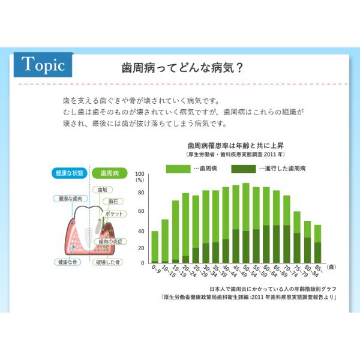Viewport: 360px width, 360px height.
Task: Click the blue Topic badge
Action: coord(43,65)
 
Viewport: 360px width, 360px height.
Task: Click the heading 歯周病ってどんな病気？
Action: coord(182,68)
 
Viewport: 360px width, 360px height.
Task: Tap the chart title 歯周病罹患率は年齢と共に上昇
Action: coord(235,146)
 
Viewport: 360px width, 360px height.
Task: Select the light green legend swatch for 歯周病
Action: coord(178,169)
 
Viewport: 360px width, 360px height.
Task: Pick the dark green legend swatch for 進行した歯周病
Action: coord(244,169)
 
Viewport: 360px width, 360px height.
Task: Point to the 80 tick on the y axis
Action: coord(141,193)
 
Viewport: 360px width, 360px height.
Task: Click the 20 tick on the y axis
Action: coord(141,248)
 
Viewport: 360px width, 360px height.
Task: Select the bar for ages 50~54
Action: coord(246,223)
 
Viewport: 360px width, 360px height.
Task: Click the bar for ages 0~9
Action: coord(155,247)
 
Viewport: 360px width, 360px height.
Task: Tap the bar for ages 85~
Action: coord(318,244)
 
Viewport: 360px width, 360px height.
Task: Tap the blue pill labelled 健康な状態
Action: coord(70,173)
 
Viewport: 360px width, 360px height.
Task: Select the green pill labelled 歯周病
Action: coord(110,173)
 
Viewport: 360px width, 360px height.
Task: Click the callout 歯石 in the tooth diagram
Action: coord(113,202)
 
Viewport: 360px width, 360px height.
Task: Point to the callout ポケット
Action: coord(114,214)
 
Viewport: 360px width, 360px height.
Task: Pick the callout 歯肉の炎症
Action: coord(110,242)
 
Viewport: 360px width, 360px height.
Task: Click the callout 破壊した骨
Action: coord(107,262)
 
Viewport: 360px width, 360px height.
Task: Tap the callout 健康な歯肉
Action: coord(70,199)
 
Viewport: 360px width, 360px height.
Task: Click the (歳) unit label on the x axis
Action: coord(331,267)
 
